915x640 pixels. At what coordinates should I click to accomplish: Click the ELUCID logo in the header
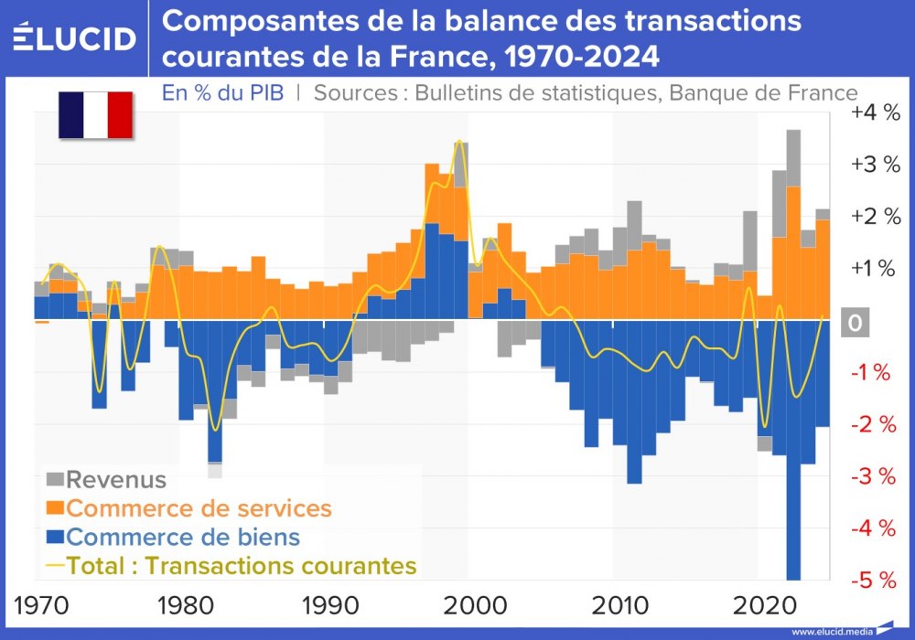coord(75,37)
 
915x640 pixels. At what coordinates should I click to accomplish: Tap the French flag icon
coord(96,115)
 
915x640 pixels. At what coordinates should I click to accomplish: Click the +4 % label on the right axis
coord(875,113)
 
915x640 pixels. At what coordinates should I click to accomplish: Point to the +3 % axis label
coord(875,165)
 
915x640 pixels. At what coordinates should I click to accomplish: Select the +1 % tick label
coord(875,269)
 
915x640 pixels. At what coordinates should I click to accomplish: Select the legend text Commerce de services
coord(199,507)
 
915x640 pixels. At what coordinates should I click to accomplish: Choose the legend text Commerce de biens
coord(183,537)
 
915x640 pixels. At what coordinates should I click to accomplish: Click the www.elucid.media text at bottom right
coord(830,632)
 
